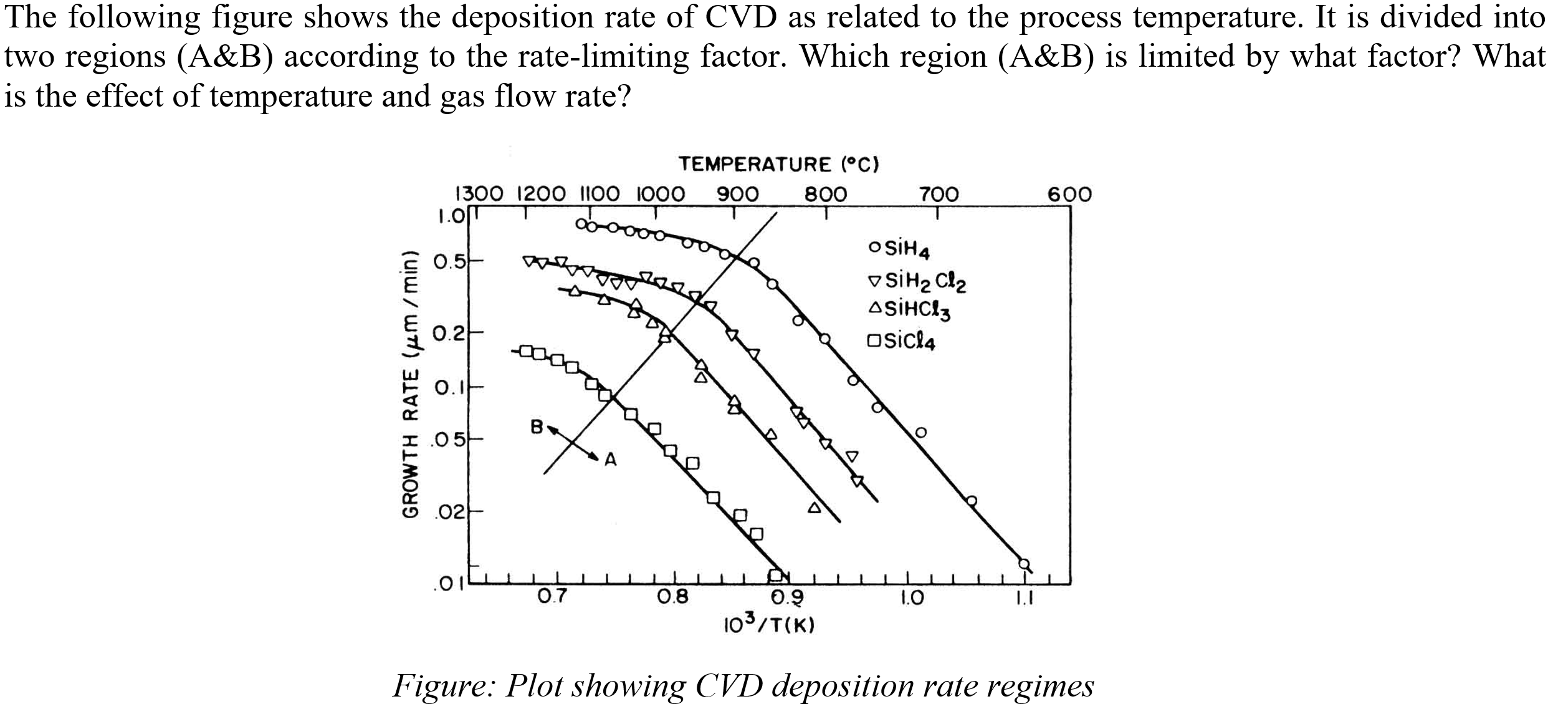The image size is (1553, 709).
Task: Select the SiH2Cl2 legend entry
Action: pos(917,282)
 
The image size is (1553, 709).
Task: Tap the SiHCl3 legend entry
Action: pos(909,309)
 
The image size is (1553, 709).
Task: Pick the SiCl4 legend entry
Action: pos(902,342)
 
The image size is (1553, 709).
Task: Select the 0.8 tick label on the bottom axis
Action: pos(673,597)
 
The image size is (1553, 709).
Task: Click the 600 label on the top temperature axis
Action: pos(1069,195)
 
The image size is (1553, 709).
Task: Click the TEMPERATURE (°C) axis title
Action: pos(778,165)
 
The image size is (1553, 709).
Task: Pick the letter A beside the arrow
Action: pos(611,461)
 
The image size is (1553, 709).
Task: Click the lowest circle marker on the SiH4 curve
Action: pos(1023,563)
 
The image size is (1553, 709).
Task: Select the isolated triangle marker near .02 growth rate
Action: pos(815,508)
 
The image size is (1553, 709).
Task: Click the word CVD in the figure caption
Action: pos(729,686)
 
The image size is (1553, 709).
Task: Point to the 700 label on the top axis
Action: pos(939,195)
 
